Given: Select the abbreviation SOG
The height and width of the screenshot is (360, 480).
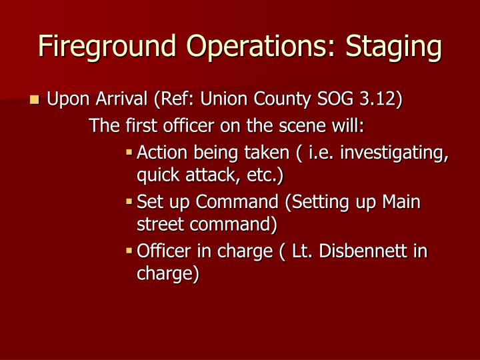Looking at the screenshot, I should (x=331, y=100).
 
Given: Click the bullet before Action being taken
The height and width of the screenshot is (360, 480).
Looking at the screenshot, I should (x=130, y=153).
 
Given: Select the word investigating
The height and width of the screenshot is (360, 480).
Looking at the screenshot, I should (x=393, y=153).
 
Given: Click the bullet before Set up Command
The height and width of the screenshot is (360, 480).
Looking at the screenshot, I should (x=130, y=201).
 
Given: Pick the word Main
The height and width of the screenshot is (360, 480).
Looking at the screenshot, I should (x=401, y=201).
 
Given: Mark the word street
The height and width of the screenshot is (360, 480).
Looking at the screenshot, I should (x=157, y=224).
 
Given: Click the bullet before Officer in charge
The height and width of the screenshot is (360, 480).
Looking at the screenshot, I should (x=130, y=251).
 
